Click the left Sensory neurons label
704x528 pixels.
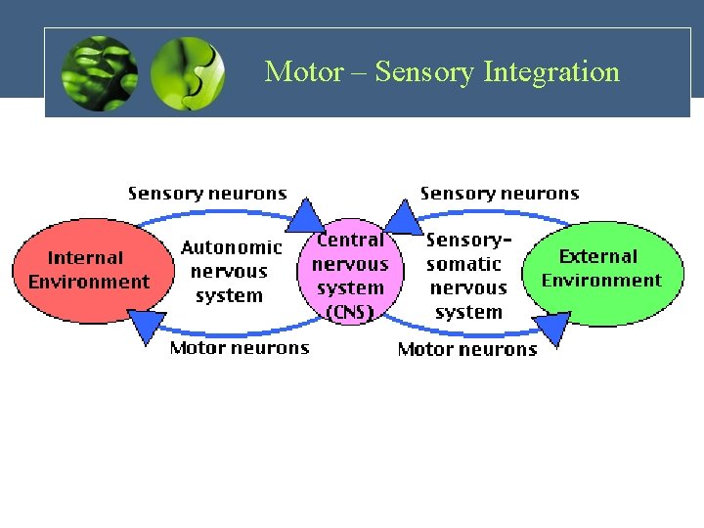[207, 194]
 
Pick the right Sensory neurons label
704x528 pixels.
[499, 194]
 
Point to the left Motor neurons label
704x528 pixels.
[239, 348]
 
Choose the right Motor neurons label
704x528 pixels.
[467, 349]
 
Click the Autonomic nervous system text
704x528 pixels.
[231, 272]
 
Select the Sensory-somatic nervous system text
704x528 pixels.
[468, 276]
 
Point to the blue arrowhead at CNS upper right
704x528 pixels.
[402, 216]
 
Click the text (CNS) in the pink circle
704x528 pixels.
[350, 313]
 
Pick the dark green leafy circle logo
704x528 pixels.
[99, 72]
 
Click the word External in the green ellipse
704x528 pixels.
[597, 257]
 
